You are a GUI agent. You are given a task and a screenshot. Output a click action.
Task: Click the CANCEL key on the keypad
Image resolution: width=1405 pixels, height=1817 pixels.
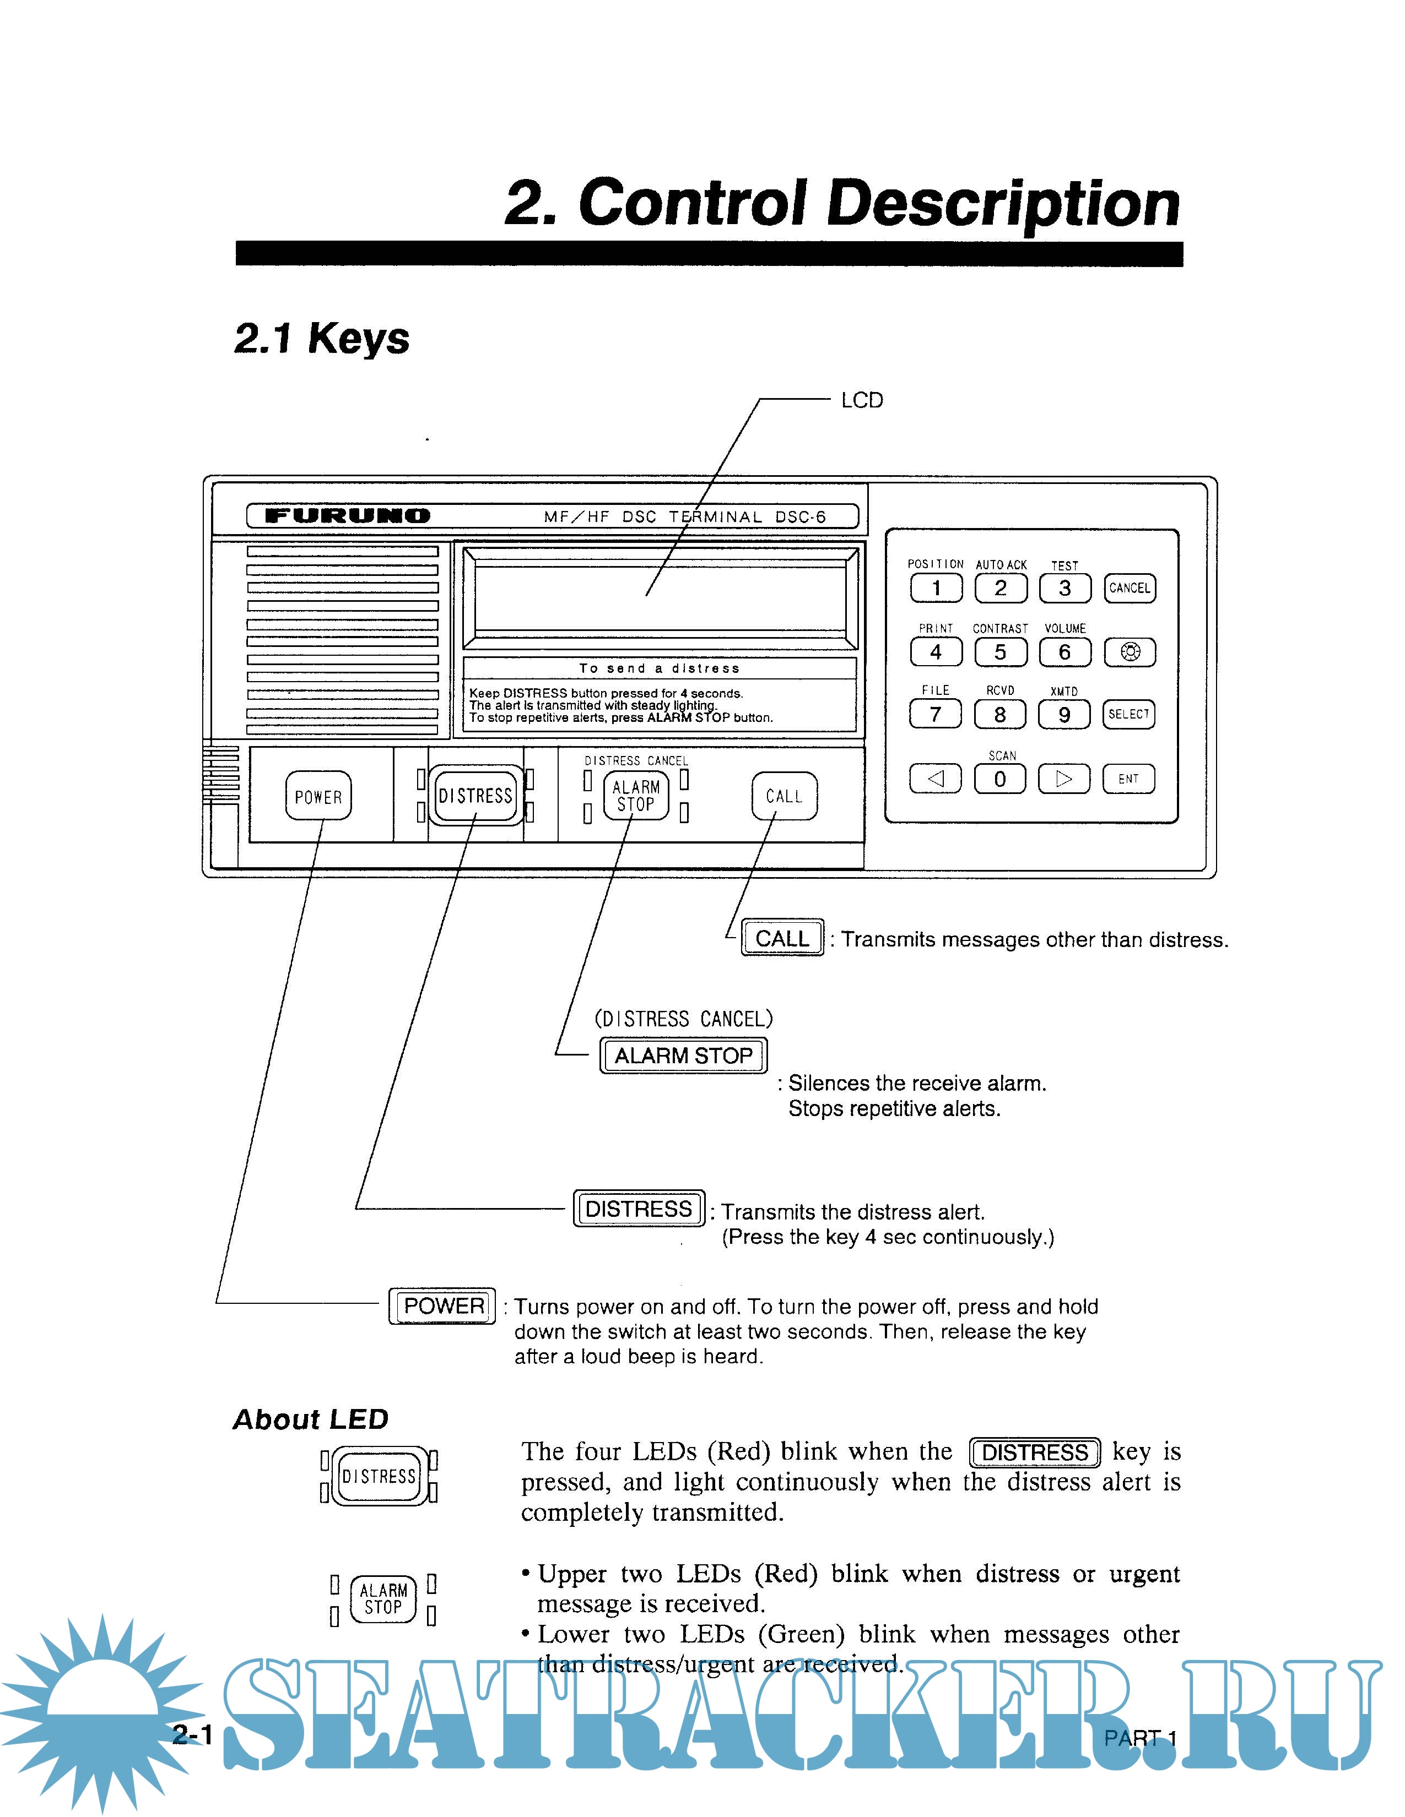[1130, 588]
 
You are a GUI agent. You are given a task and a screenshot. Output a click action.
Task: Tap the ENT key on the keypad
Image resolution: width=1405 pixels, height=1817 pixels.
[1128, 779]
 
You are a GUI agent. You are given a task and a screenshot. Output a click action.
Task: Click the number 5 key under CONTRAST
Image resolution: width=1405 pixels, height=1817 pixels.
[1001, 652]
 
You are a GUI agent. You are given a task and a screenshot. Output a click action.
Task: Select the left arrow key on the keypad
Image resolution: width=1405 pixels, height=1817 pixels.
[936, 779]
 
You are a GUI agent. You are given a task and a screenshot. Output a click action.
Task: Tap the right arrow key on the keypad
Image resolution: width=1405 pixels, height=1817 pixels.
[1064, 779]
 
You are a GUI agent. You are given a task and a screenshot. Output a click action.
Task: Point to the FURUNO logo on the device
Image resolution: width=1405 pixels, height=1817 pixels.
[347, 516]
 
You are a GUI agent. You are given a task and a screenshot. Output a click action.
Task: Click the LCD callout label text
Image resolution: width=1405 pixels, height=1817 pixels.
[862, 401]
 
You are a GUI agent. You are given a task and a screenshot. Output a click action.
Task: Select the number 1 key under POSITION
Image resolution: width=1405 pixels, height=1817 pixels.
[936, 588]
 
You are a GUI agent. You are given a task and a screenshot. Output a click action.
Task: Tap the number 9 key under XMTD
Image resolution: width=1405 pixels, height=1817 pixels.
[1064, 715]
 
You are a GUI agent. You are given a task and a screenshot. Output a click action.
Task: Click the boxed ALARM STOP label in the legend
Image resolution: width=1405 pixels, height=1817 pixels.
[683, 1055]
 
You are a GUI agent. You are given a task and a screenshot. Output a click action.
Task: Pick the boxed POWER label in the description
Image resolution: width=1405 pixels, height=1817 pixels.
[443, 1305]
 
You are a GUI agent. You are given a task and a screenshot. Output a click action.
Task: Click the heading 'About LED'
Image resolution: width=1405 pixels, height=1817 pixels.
[310, 1418]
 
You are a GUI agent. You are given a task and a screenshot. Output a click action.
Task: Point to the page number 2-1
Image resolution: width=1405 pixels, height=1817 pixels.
[192, 1734]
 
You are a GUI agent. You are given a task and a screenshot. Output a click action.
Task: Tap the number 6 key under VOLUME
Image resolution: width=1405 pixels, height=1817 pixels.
[1064, 652]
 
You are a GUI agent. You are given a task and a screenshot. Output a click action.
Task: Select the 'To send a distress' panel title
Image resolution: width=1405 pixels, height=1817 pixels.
[659, 668]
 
